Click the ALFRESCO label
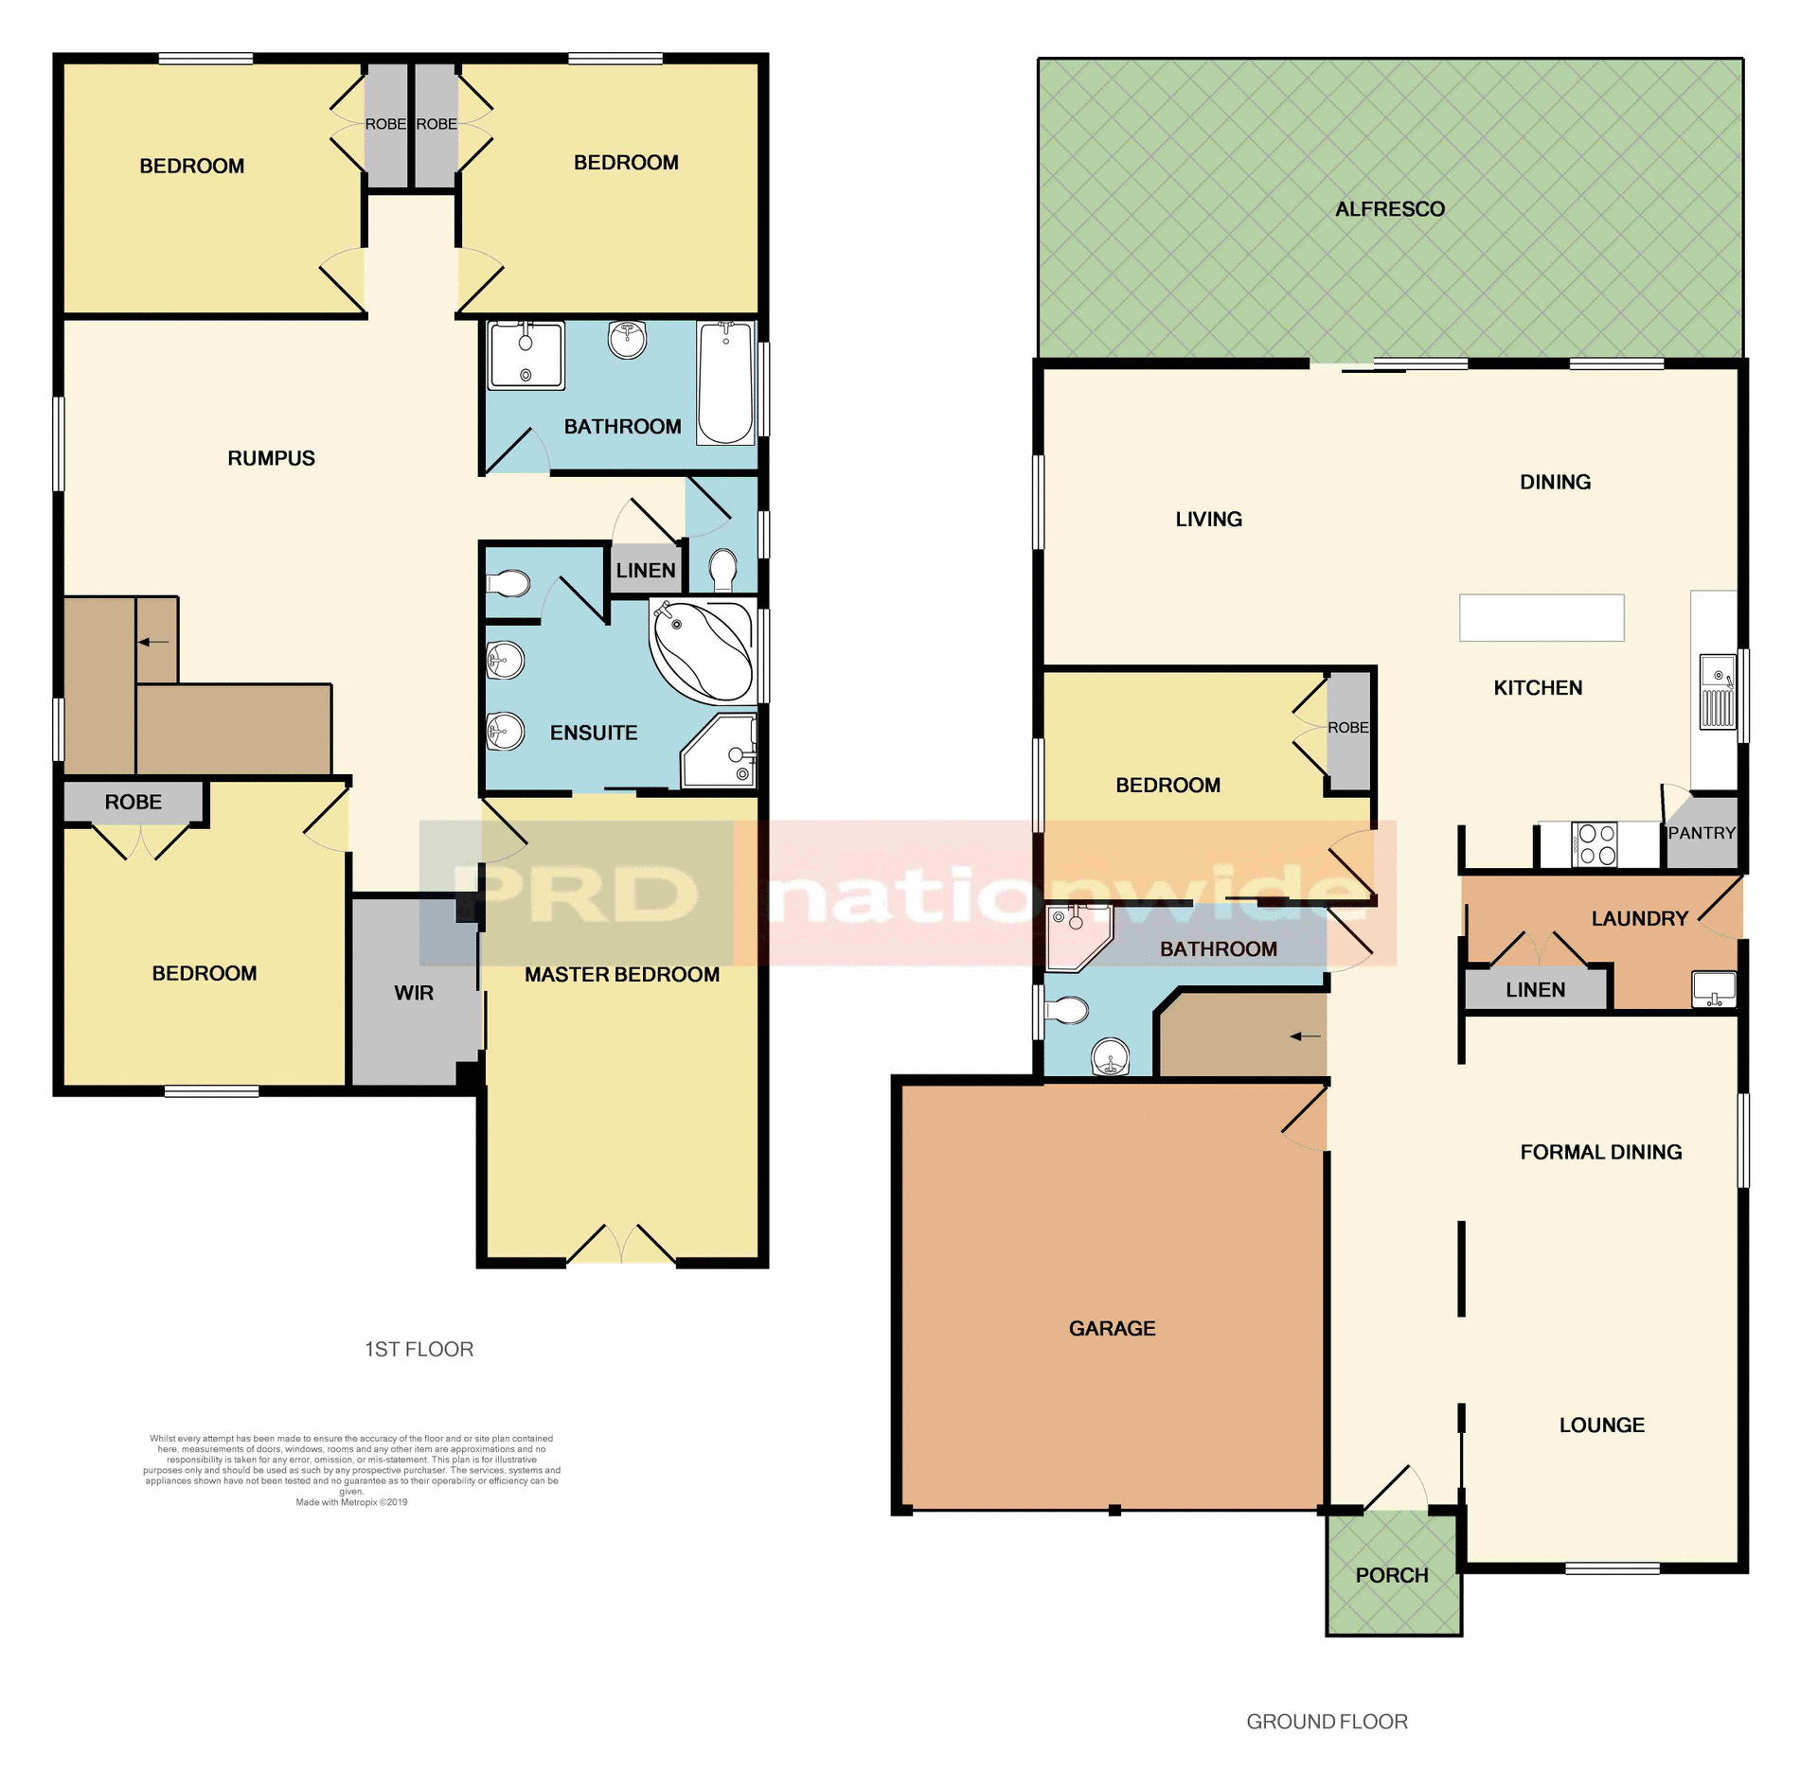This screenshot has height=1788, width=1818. (x=1389, y=209)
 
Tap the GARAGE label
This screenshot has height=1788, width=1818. (x=1112, y=1328)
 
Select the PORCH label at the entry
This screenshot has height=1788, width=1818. (x=1391, y=1575)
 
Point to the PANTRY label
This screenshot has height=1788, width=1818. (x=1701, y=833)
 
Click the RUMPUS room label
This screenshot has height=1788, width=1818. (x=271, y=458)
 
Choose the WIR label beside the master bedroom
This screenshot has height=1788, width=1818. (x=414, y=993)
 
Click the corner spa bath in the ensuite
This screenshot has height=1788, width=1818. (x=703, y=652)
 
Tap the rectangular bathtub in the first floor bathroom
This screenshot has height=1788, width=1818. (x=725, y=382)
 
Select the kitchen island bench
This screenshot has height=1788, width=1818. (x=1541, y=617)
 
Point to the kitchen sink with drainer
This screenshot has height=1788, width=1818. (x=1718, y=692)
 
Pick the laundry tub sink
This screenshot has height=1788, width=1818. (x=1714, y=989)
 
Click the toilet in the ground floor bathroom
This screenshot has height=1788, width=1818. (x=1067, y=1011)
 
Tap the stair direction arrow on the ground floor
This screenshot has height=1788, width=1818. (x=1305, y=1036)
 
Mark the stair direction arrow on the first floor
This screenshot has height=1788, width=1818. (x=153, y=642)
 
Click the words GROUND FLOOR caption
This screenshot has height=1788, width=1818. (x=1327, y=1722)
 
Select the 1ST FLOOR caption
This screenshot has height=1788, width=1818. (x=419, y=1349)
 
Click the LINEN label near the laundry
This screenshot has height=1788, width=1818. (x=1535, y=990)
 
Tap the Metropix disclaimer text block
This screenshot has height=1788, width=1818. (x=351, y=1469)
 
